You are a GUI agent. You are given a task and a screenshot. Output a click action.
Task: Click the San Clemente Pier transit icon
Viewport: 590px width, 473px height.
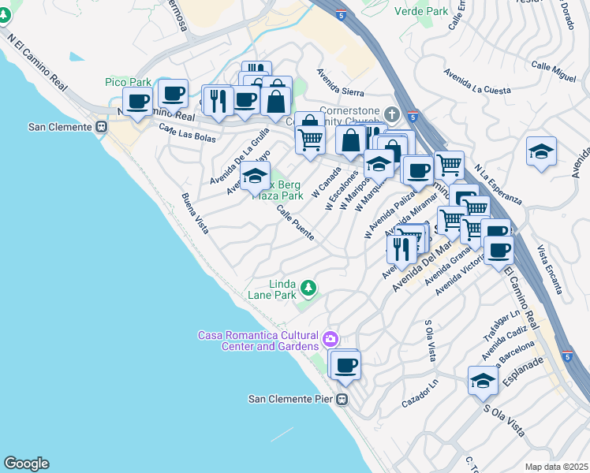pos(342,399)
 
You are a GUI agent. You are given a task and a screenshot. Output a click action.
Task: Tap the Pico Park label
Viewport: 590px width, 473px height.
pos(128,82)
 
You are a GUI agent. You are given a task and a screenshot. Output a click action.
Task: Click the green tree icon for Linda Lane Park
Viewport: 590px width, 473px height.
pos(309,288)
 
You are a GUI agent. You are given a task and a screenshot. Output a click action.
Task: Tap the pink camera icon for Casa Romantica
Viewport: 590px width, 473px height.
pos(330,341)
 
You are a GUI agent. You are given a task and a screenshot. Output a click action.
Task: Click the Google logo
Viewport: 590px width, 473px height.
pos(26,464)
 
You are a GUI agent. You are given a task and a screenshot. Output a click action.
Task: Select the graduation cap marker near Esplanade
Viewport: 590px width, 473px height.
pos(483,382)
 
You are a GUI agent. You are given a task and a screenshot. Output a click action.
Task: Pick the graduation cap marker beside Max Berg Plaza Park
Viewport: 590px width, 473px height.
pos(255,177)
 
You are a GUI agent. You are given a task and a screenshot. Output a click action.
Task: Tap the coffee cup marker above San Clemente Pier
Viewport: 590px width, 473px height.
pos(345,366)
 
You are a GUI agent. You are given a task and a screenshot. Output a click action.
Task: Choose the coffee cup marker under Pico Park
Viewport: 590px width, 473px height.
pos(138,102)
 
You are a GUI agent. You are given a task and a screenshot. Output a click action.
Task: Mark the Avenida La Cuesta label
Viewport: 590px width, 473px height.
pos(477,83)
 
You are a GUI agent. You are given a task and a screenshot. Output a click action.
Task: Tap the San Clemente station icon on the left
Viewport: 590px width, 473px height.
pos(101,126)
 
